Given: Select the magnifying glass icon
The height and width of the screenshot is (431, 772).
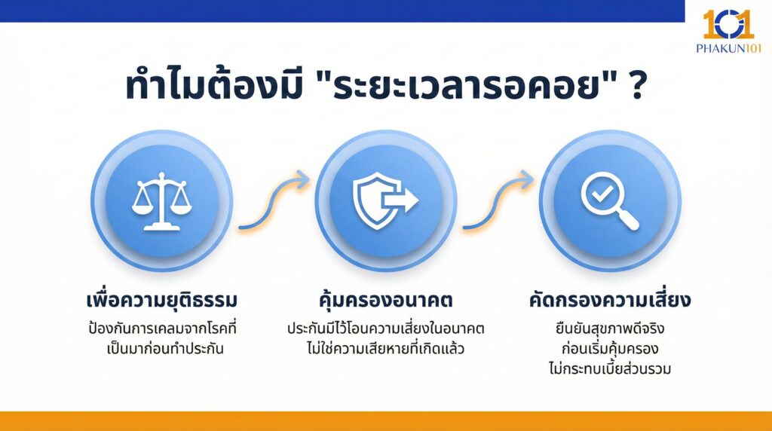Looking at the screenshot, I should click(x=609, y=200).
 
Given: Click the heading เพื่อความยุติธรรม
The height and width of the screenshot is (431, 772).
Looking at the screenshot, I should click(x=162, y=300).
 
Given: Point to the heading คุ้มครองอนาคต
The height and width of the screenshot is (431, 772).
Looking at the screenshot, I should click(x=385, y=300).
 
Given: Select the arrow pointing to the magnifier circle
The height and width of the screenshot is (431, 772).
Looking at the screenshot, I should click(x=498, y=202).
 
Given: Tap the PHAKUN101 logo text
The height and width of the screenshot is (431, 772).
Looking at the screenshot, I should click(x=729, y=47).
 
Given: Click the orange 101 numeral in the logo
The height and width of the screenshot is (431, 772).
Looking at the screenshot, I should click(x=728, y=24).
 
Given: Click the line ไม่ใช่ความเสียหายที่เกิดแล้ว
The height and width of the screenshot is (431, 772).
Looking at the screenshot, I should click(x=385, y=349).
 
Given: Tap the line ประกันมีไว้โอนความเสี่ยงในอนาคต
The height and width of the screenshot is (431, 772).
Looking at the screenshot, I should click(x=385, y=329).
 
